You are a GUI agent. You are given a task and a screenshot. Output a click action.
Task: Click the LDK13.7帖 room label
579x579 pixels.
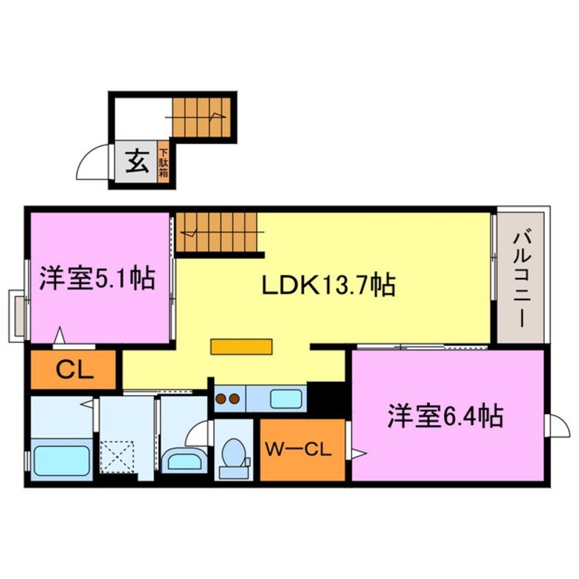point(329,285)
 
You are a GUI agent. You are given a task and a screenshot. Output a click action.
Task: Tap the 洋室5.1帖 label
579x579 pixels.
point(97,278)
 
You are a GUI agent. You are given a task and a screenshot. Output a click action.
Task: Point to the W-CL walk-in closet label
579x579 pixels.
point(298,450)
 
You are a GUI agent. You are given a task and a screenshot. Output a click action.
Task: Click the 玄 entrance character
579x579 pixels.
point(137,162)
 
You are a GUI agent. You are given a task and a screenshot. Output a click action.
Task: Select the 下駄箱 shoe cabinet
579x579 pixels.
point(164,162)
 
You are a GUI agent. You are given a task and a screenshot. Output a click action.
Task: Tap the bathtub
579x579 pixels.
point(62,460)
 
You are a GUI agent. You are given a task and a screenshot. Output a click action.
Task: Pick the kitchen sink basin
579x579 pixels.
point(286,399)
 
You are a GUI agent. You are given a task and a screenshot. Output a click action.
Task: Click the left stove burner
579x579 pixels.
point(221,399)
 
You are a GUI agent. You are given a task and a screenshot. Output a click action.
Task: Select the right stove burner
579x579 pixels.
point(234,399)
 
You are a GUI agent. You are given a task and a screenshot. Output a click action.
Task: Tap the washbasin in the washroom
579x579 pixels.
point(184,460)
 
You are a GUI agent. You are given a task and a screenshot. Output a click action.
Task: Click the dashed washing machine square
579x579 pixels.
point(117,456)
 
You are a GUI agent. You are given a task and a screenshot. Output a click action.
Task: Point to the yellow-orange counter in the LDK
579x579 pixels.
point(242,347)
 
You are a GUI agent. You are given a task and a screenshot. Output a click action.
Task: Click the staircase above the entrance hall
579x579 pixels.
point(202,117)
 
